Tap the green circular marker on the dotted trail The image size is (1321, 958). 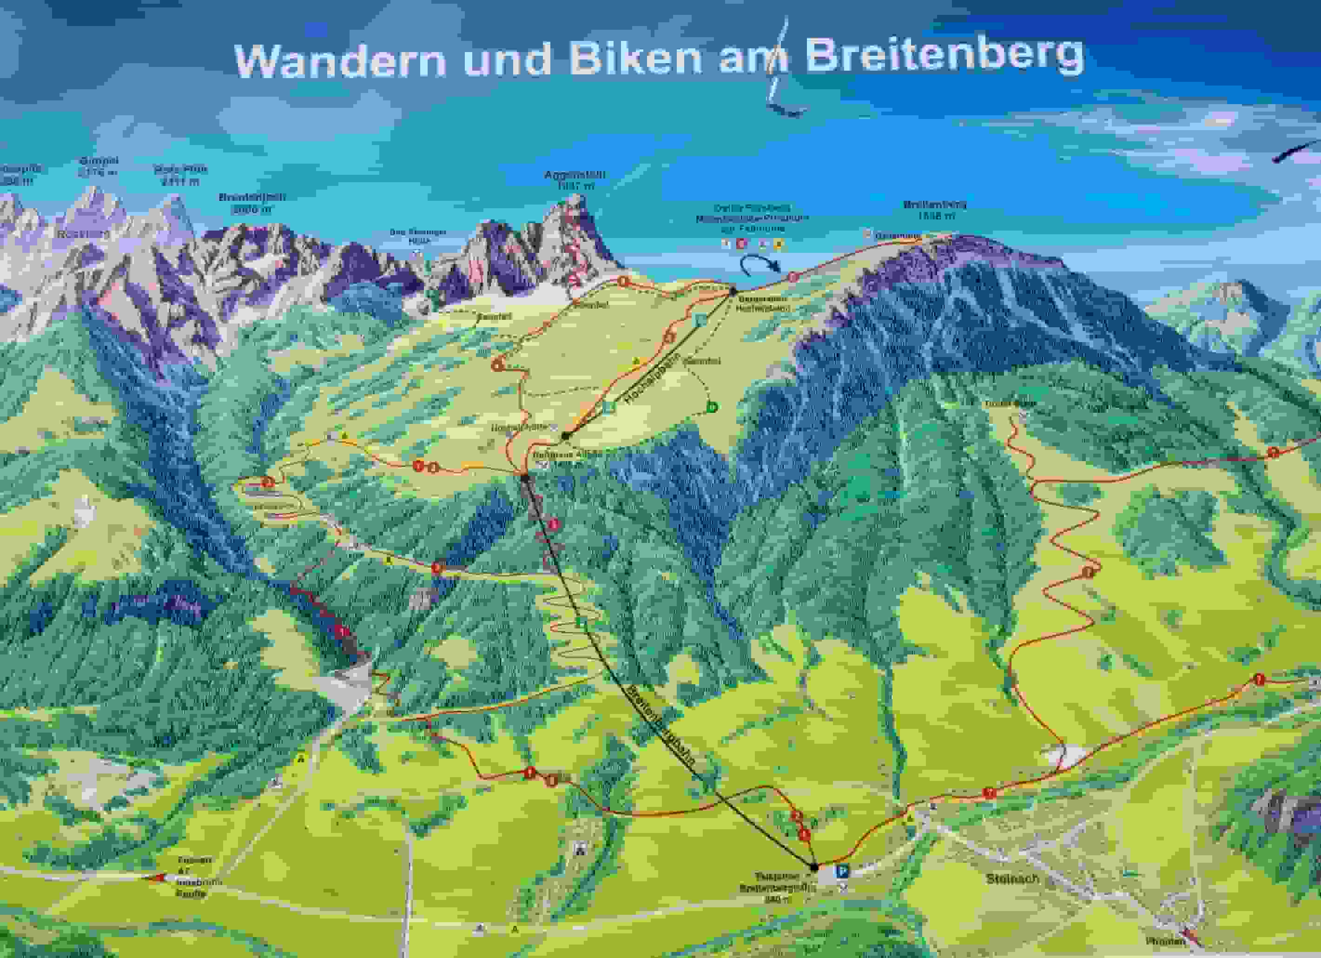[712, 407]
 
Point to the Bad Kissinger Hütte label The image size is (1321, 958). [417, 235]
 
